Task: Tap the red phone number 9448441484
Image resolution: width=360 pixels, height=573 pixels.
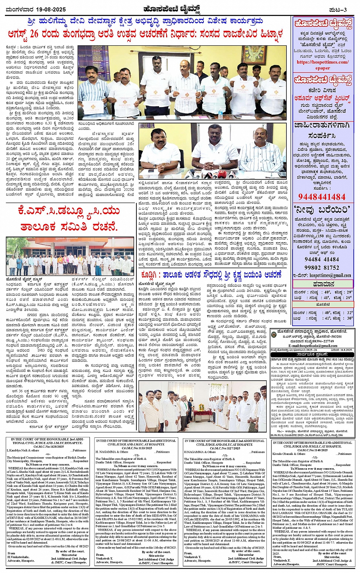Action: coord(322,197)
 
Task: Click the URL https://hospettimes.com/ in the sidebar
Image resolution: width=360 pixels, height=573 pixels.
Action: coord(322,62)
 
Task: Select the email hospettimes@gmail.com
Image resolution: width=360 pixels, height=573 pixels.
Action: coord(330,275)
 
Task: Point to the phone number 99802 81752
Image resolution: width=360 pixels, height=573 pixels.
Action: coord(322,268)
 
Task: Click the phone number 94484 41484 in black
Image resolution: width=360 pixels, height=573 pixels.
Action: coord(322,259)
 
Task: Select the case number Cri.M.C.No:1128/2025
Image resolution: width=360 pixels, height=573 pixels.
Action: coord(46,447)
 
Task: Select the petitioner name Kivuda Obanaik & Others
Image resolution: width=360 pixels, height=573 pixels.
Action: coord(289,454)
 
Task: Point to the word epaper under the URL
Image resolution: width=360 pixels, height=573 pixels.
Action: coord(322,68)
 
